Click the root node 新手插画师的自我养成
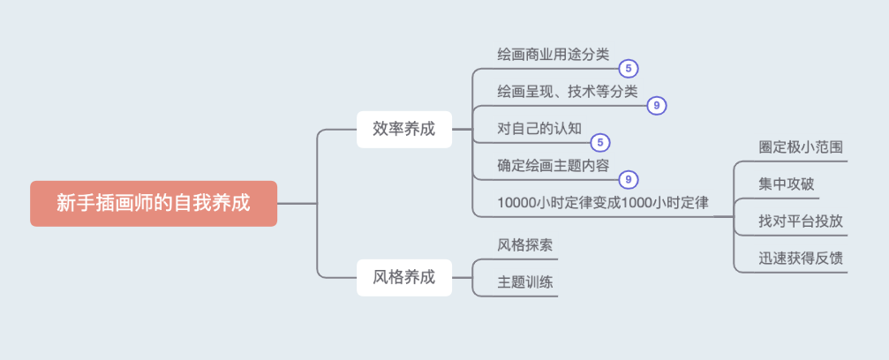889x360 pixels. tap(154, 204)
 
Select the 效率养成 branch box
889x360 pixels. tap(404, 129)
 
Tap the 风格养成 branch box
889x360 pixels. tap(404, 277)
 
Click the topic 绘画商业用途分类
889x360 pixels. tap(553, 55)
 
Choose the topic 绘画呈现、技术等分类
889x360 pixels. tap(567, 92)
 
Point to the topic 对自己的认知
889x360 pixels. tap(539, 129)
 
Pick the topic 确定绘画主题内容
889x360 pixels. tap(553, 166)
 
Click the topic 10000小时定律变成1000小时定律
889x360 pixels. tap(603, 203)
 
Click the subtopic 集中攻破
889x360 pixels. tap(787, 184)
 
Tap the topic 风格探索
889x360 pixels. tap(525, 244)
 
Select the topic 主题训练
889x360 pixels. tap(525, 282)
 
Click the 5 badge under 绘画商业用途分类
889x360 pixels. tap(628, 68)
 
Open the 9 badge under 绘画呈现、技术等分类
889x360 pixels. tap(656, 106)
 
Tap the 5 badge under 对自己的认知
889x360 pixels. tap(600, 142)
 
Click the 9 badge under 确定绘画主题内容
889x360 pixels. tap(628, 179)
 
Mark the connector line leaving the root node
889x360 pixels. tap(298, 204)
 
